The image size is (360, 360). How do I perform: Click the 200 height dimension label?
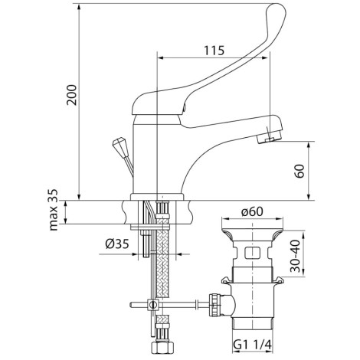[x=72, y=95]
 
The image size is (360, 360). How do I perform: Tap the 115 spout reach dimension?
[x=214, y=51]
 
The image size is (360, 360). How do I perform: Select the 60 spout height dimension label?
[x=299, y=171]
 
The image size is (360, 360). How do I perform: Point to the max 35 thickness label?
[x=54, y=210]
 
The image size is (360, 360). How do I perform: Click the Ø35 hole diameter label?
[x=117, y=244]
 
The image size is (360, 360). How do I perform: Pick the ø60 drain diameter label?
[x=252, y=211]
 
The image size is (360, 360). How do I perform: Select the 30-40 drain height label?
[x=296, y=256]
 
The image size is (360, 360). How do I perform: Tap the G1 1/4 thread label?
[x=252, y=345]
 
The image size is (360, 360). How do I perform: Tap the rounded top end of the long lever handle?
[x=276, y=11]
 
